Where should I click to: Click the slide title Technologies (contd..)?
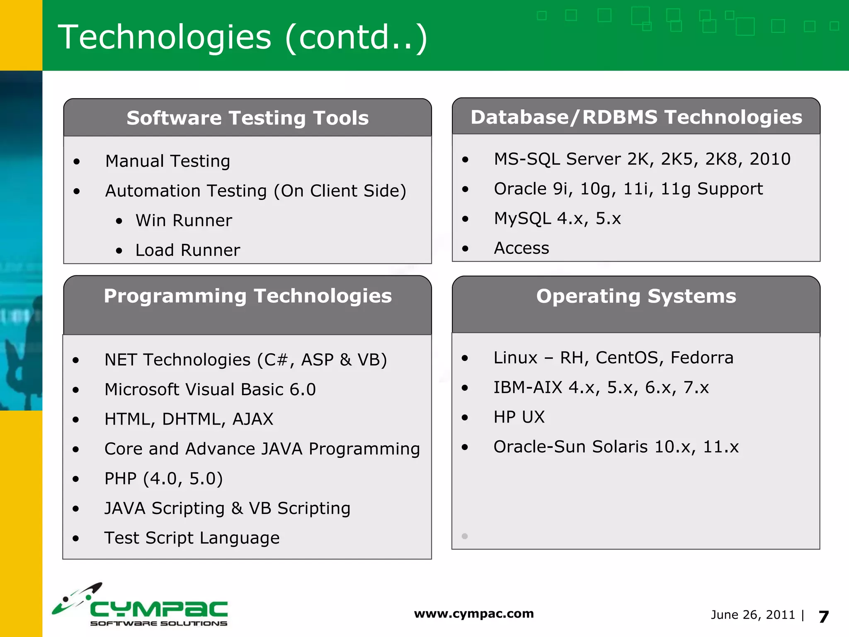click(x=243, y=37)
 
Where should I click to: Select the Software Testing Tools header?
click(x=247, y=118)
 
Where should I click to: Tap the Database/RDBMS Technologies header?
click(x=636, y=117)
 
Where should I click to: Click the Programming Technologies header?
click(x=247, y=296)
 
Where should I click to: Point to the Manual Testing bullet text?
click(x=167, y=161)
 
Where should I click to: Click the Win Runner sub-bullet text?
click(x=184, y=221)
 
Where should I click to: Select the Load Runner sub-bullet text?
click(x=187, y=250)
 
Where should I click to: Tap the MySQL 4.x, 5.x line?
click(x=557, y=219)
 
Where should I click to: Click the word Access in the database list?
click(x=522, y=248)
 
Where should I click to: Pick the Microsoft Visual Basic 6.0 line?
click(x=210, y=390)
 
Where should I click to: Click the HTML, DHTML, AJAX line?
click(x=189, y=419)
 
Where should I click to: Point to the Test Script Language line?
click(x=192, y=538)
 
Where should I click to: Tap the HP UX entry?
click(x=519, y=417)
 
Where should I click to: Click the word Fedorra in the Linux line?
click(x=702, y=358)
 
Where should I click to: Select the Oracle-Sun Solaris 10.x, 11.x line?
click(x=616, y=447)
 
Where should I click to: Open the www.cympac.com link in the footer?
click(x=474, y=614)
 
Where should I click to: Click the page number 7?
click(x=824, y=617)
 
